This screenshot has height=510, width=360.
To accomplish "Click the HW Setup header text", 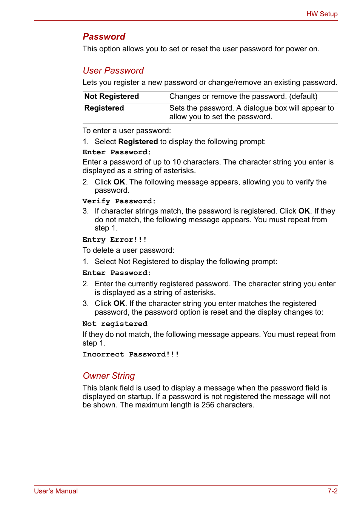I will click(322, 14).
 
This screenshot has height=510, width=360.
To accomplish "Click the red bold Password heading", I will click(104, 37).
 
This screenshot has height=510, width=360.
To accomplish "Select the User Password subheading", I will click(113, 71).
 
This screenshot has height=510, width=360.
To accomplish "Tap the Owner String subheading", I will click(109, 376).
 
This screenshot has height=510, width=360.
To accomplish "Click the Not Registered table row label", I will click(112, 96).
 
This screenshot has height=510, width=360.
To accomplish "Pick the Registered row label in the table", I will click(104, 108).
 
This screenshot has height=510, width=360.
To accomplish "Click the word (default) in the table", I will click(303, 96).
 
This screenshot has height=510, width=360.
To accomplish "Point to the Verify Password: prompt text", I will click(119, 201).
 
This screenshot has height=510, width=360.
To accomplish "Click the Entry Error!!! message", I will click(114, 240).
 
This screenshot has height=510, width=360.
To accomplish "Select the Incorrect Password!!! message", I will click(131, 354).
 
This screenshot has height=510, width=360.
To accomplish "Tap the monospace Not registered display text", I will click(115, 324).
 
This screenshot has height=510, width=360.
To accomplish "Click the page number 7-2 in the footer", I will click(332, 491).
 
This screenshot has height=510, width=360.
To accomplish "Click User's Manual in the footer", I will click(56, 491).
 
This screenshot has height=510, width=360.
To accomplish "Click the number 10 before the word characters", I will click(177, 162).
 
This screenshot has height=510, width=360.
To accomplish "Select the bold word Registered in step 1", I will click(138, 141).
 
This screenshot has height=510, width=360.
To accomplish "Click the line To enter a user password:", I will click(127, 131).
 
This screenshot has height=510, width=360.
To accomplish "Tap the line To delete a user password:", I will click(128, 250).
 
